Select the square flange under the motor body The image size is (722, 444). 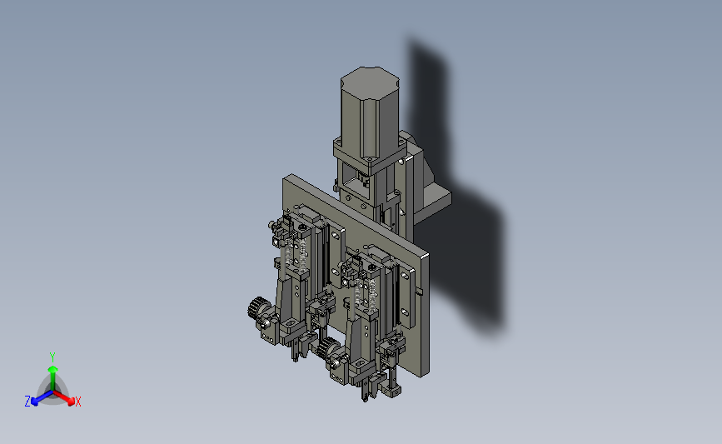pos(370,155)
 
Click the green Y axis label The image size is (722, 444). pos(52,357)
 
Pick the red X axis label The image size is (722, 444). pos(77,402)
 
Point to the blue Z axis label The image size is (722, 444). pos(27,402)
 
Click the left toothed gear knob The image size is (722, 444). pos(256,308)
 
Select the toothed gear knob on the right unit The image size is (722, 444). pos(326,347)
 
